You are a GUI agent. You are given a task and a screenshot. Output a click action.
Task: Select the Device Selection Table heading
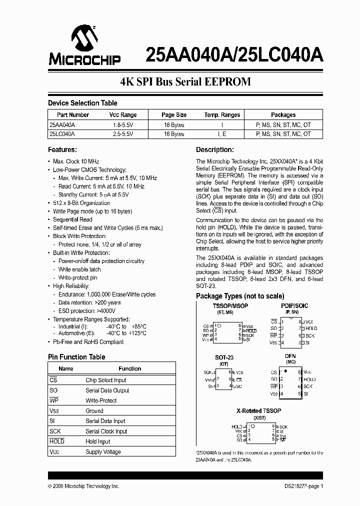[x=82, y=103]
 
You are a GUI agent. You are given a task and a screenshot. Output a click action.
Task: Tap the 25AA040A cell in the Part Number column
[x=62, y=124]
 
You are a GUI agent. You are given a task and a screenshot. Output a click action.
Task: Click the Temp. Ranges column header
[x=222, y=114]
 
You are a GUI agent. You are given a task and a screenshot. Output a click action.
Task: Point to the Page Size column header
[x=174, y=114]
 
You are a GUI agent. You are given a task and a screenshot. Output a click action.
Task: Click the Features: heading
[x=62, y=149]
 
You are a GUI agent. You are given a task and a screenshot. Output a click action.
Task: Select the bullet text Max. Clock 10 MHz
[x=76, y=161]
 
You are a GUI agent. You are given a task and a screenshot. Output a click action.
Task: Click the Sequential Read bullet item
[x=72, y=219]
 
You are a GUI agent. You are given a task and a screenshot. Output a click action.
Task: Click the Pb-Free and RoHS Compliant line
[x=88, y=342]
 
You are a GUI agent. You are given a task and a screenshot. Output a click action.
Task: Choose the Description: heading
[x=214, y=149]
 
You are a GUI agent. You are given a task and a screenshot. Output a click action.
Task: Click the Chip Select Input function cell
[x=106, y=380]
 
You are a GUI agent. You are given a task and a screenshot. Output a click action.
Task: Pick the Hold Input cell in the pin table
[x=98, y=442]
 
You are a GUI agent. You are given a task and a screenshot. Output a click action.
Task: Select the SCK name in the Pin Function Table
[x=55, y=431]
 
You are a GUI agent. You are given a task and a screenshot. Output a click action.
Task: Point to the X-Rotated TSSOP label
[x=258, y=410]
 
